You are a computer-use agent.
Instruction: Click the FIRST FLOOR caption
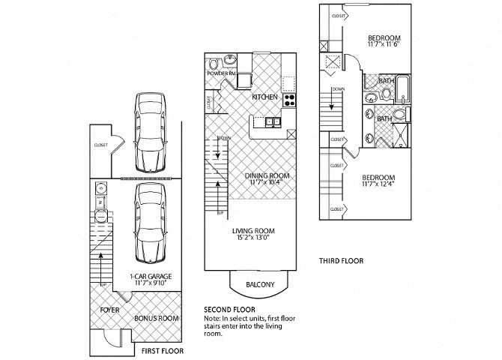[162, 350]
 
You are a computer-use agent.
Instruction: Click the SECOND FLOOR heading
[229, 309]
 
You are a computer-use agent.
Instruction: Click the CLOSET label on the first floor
[100, 145]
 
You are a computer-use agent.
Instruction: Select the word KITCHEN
[264, 97]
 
